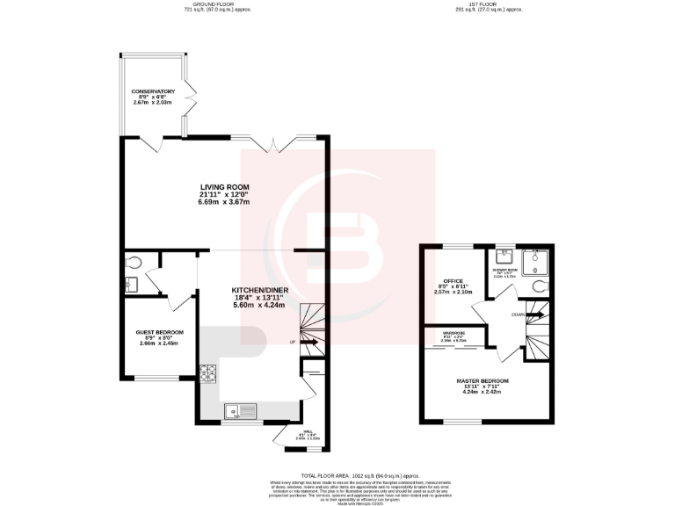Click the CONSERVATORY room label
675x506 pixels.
(x=153, y=91)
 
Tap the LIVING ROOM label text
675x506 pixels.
(x=224, y=187)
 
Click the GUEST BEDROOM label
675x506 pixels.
(x=159, y=332)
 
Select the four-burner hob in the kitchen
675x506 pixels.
(x=208, y=372)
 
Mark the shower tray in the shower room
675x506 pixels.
(x=536, y=260)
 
